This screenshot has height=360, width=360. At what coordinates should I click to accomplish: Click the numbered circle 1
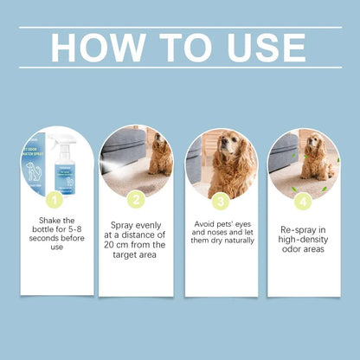click(x=53, y=201)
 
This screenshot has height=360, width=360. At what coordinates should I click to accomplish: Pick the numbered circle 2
click(x=136, y=201)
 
